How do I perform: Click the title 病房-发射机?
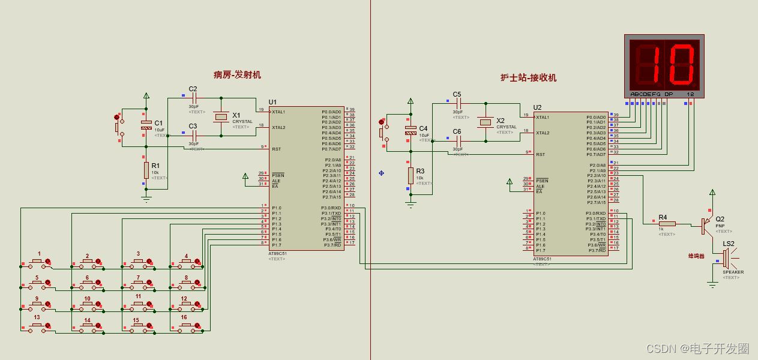(x=237, y=75)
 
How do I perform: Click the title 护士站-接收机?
(x=528, y=77)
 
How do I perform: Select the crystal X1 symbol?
(x=221, y=117)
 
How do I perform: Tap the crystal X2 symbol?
(x=486, y=122)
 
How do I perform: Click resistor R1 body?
(x=146, y=170)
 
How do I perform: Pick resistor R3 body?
(x=411, y=175)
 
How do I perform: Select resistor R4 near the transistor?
(x=666, y=224)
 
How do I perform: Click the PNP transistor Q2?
(x=706, y=226)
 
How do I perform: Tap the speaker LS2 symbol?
(x=726, y=258)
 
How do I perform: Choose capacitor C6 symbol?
(x=458, y=139)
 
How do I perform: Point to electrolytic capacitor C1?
(x=146, y=125)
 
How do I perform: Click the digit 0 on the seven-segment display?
(x=681, y=64)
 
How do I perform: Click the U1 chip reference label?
(x=273, y=102)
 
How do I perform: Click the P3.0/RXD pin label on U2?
(x=596, y=213)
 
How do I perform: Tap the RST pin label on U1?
(x=276, y=149)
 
